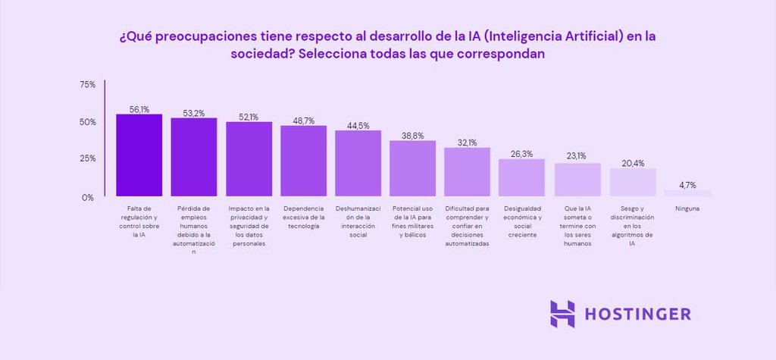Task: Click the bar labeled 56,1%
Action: tap(139, 155)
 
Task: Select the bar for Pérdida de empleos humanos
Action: tap(194, 158)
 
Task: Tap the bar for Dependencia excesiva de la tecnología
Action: tap(303, 161)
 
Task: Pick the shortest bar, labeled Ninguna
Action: tap(687, 193)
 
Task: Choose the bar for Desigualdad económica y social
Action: tap(521, 177)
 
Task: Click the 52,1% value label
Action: tap(249, 117)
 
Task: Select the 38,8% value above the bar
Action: tap(412, 136)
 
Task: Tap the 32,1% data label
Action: tap(467, 142)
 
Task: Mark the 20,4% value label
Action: tap(632, 163)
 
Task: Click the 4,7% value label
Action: tap(687, 184)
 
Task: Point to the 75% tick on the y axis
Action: tap(87, 85)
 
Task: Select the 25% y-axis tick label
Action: tap(87, 158)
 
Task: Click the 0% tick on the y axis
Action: tap(88, 197)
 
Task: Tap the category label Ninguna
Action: tap(687, 208)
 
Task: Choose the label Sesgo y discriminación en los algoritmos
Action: tap(632, 226)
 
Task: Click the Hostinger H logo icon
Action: tap(562, 314)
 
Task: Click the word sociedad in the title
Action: tap(261, 55)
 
